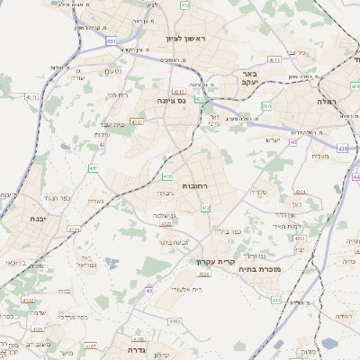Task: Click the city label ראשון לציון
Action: pyautogui.click(x=186, y=39)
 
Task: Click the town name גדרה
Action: pyautogui.click(x=137, y=349)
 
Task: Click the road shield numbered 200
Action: pyautogui.click(x=266, y=106)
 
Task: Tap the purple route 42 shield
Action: pyautogui.click(x=103, y=144)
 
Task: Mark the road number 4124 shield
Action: pyautogui.click(x=74, y=229)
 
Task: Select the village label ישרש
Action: pyautogui.click(x=274, y=139)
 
